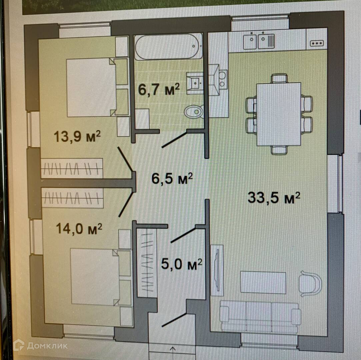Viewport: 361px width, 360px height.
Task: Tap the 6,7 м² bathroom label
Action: pos(159,89)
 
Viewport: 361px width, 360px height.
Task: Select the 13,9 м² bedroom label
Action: pos(77,136)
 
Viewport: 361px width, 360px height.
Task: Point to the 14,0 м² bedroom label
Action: pos(79,229)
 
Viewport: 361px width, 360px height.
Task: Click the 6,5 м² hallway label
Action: pos(172,178)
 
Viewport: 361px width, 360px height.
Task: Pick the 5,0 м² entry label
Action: pos(182,264)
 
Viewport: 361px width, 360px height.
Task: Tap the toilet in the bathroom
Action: pos(194,112)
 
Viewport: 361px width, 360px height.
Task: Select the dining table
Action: pos(279,114)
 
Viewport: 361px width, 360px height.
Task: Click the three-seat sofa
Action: pos(260,316)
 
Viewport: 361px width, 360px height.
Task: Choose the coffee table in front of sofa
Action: pos(263,282)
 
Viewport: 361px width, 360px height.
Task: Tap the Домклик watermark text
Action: pos(47,345)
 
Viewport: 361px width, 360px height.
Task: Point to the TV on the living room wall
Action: pos(217,270)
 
